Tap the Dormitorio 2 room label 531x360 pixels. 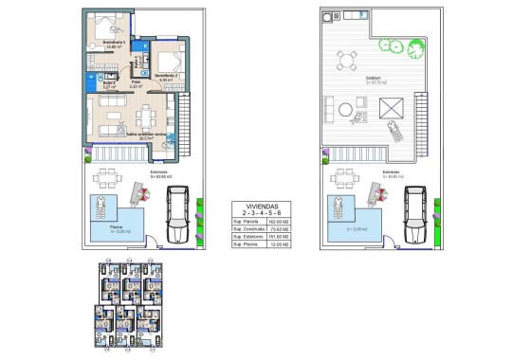pyautogui.click(x=166, y=76)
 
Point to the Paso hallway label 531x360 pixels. pyautogui.click(x=136, y=83)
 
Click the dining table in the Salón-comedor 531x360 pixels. pyautogui.click(x=147, y=118)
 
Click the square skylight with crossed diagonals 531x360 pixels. pyautogui.click(x=392, y=110)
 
